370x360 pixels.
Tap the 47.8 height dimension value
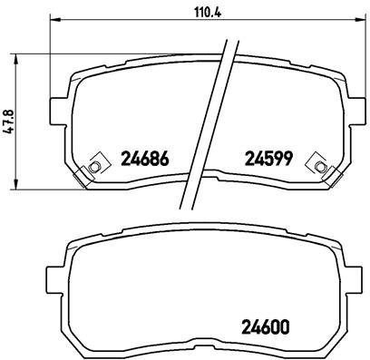(10, 118)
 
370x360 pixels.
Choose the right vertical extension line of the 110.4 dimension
(362, 54)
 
